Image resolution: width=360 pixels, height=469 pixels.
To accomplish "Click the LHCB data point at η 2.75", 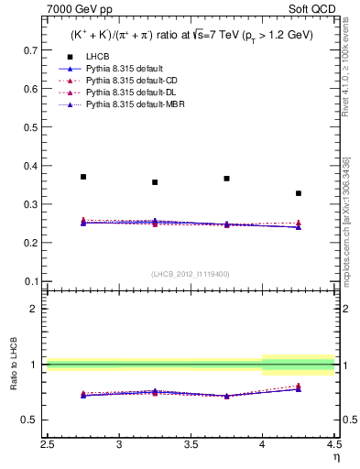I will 83,177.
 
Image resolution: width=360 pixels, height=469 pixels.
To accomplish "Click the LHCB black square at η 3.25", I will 155,182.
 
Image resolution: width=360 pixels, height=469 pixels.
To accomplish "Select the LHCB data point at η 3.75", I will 226,179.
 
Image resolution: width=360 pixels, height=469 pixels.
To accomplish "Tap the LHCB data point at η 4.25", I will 298,193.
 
